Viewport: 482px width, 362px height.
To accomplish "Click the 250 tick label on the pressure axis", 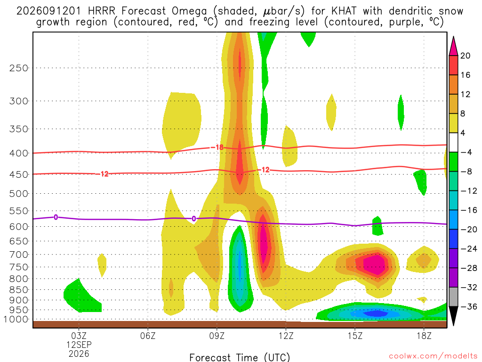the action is coord(18,68).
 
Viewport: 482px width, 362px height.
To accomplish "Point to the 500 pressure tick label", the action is coord(18,194).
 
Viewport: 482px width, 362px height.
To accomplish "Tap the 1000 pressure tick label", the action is coord(16,320).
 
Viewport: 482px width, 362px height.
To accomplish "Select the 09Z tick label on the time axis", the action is coord(217,336).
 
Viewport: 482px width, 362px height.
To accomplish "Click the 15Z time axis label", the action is coord(355,336).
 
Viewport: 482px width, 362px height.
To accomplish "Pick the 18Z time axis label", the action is coord(424,336).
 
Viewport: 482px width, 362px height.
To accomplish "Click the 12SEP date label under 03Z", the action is coord(79,345).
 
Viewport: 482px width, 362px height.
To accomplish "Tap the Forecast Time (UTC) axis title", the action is coord(240,357).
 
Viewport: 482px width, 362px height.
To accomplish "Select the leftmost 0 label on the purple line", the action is coord(56,217).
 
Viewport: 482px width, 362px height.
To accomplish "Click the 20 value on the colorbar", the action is coord(466,56).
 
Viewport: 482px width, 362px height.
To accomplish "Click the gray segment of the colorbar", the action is coord(453,297).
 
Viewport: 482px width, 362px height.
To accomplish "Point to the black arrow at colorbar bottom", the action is coord(453,315).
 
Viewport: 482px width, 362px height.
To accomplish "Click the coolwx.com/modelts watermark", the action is coord(433,356).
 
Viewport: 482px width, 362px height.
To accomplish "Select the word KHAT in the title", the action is coord(344,11).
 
